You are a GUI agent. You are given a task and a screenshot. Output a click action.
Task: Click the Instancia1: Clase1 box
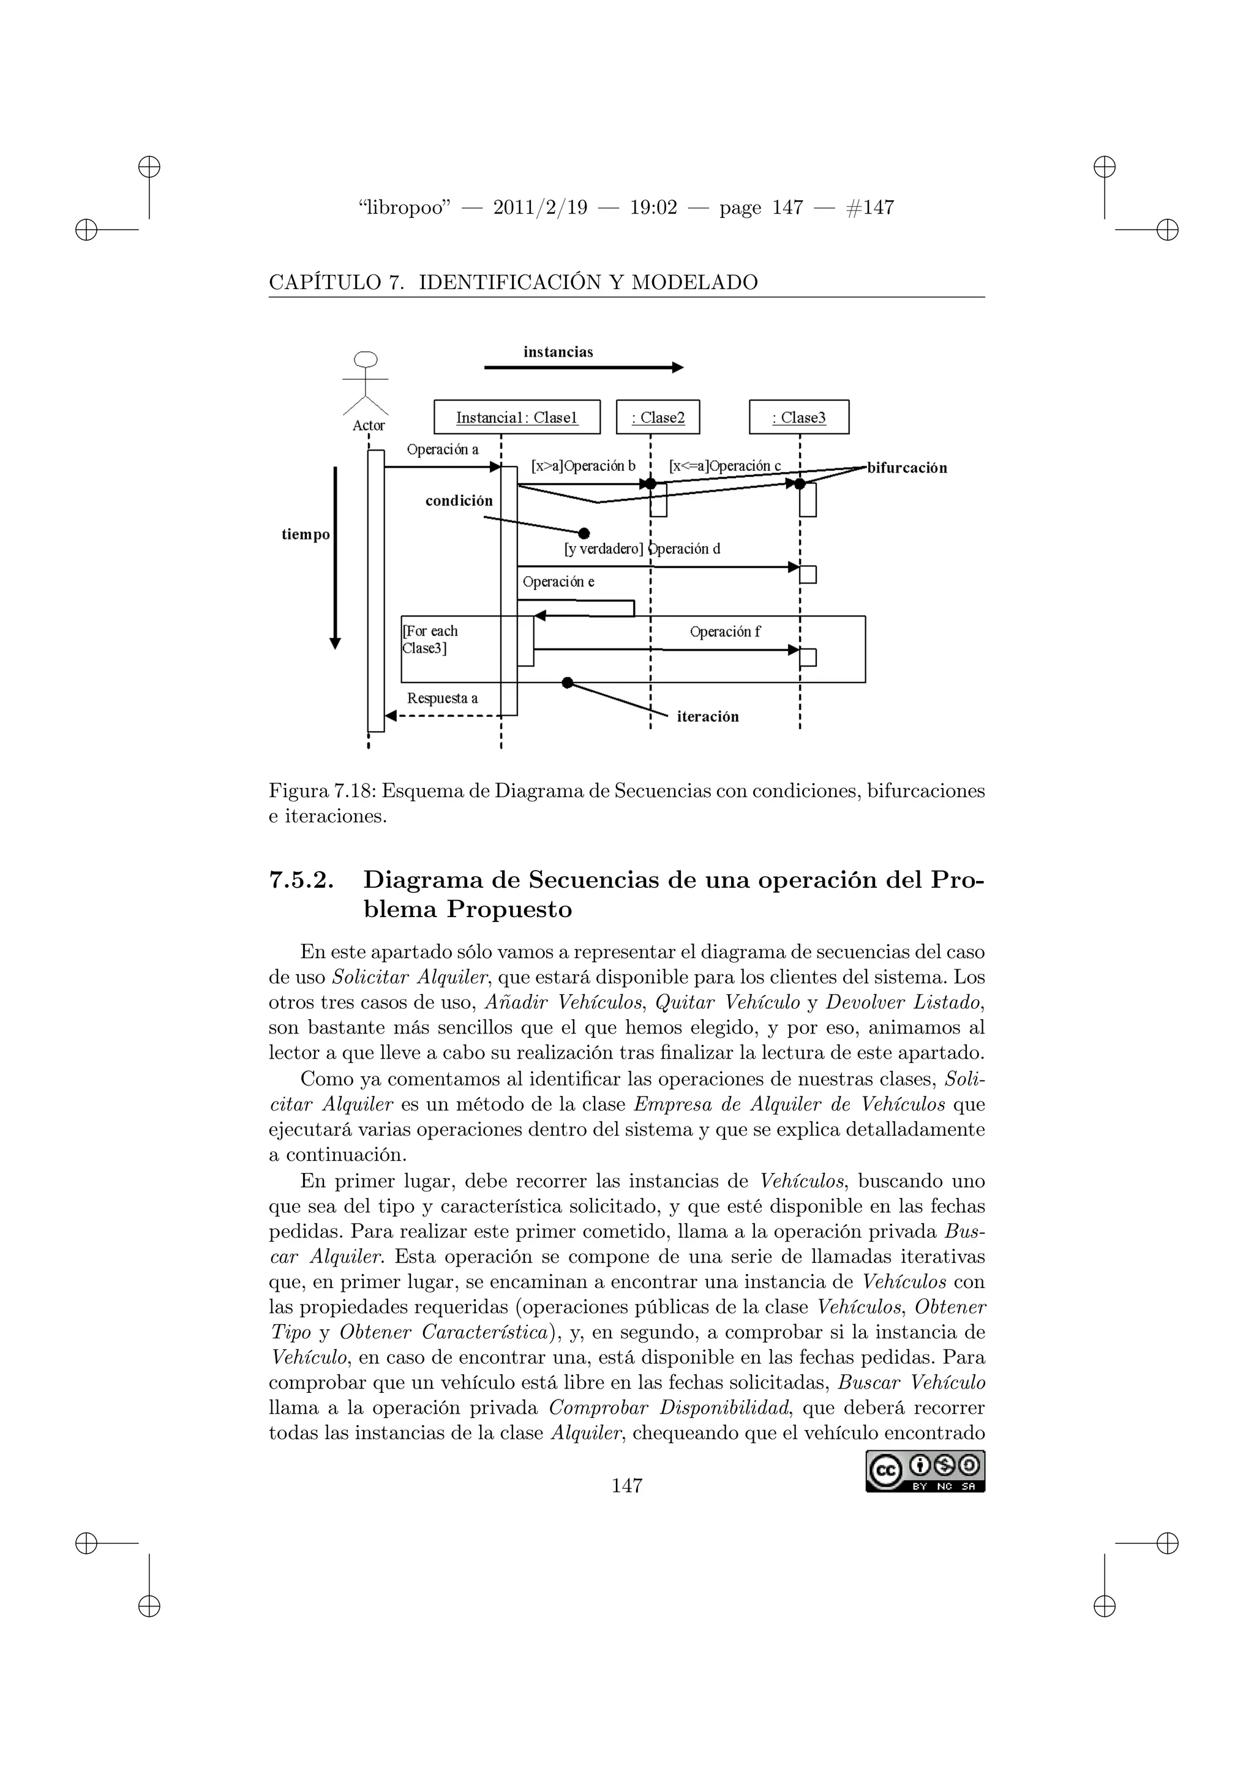[x=517, y=417]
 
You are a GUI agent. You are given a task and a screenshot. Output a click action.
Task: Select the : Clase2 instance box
[x=658, y=417]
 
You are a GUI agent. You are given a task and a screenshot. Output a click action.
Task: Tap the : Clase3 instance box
[x=798, y=417]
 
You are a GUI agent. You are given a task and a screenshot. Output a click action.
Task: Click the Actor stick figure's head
[x=365, y=359]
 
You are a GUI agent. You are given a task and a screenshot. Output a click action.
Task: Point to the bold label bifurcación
[x=907, y=468]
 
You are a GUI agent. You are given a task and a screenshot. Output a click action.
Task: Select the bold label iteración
[x=707, y=717]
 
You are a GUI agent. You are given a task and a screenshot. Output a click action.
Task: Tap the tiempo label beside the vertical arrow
[x=305, y=534]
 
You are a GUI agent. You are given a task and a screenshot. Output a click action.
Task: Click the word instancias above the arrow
[x=558, y=352]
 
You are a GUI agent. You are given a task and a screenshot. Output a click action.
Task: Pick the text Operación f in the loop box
[x=724, y=632]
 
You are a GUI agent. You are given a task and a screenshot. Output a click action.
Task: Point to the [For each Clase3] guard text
[x=429, y=639]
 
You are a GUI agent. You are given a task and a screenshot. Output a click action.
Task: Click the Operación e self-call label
[x=558, y=582]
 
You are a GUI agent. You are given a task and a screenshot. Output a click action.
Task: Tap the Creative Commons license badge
[x=925, y=1472]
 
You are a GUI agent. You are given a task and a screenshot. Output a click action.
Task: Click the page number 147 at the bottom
[x=626, y=1485]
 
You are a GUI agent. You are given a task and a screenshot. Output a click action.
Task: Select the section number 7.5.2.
[x=301, y=880]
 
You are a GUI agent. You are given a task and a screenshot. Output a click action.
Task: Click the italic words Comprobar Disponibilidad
[x=669, y=1407]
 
